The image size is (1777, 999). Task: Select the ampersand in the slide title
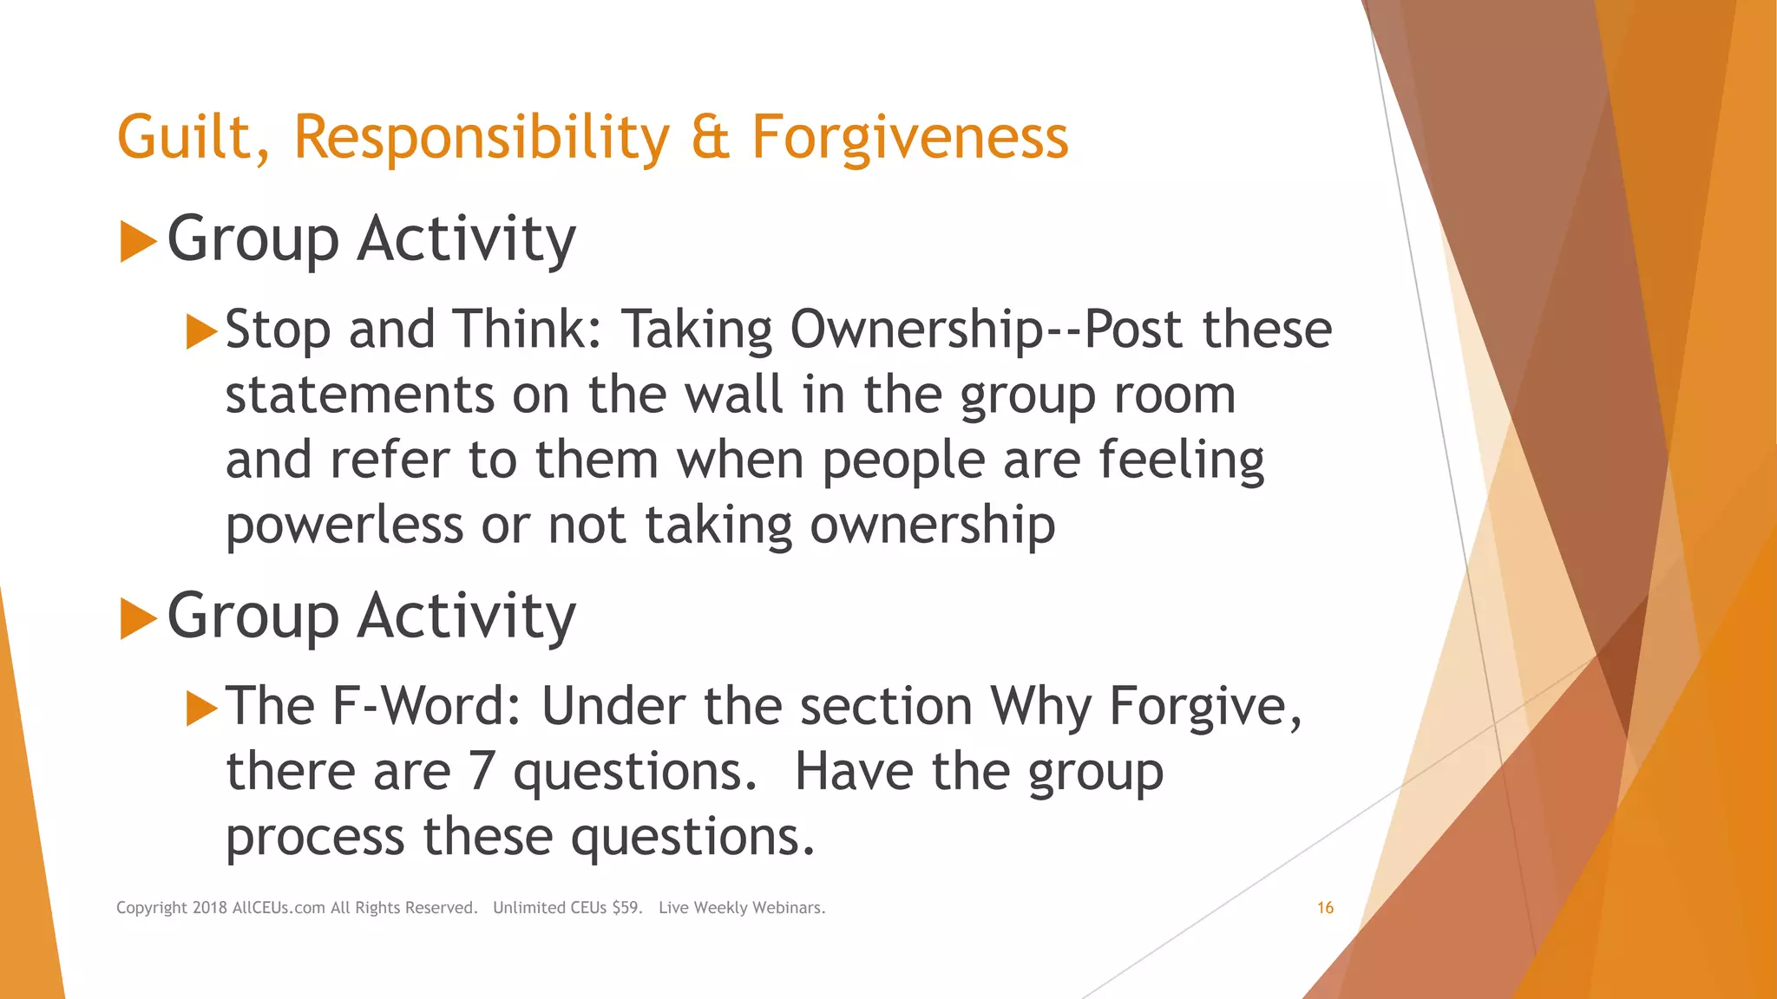710,138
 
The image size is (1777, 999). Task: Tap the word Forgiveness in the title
909,138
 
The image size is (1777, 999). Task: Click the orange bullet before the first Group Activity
137,241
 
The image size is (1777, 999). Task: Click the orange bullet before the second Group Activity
137,618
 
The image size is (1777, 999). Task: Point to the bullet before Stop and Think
201,331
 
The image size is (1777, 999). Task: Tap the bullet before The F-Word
201,708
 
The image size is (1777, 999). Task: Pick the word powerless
344,526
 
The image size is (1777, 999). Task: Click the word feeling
1182,460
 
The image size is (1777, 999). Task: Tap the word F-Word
426,706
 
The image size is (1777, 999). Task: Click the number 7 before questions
482,771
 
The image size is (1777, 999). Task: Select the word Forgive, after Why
1205,706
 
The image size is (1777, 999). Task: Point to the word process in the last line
315,837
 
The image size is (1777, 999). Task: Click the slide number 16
1325,908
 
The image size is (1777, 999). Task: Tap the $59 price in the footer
626,908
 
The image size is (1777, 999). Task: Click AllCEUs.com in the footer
279,908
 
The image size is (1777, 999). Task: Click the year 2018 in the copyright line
209,908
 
